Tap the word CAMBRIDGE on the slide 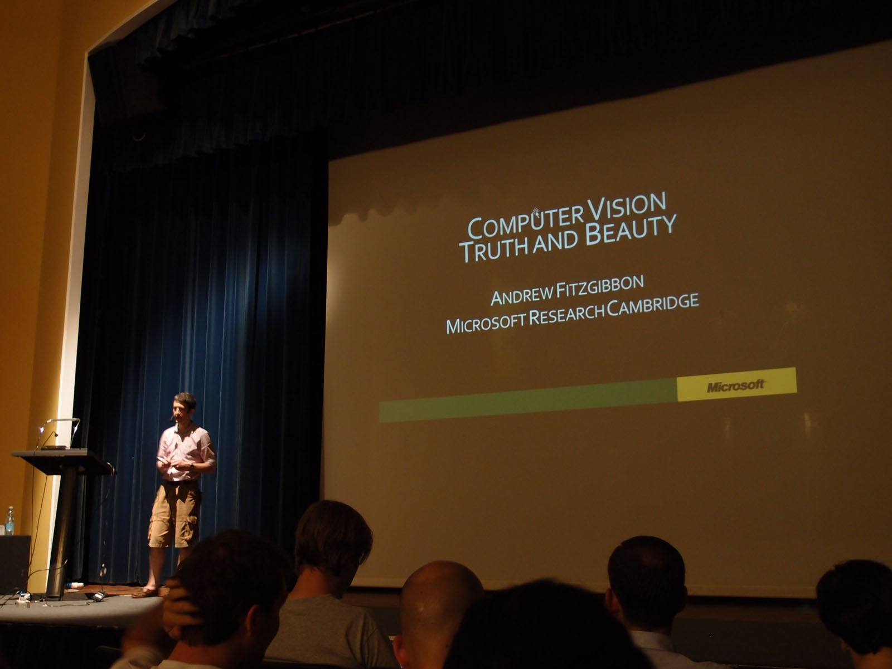(653, 304)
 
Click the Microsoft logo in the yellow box (736, 385)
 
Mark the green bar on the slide (529, 401)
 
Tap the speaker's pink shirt (185, 453)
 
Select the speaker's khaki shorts (175, 514)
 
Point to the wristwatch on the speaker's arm (191, 466)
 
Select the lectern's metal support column (61, 532)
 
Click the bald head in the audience (439, 601)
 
